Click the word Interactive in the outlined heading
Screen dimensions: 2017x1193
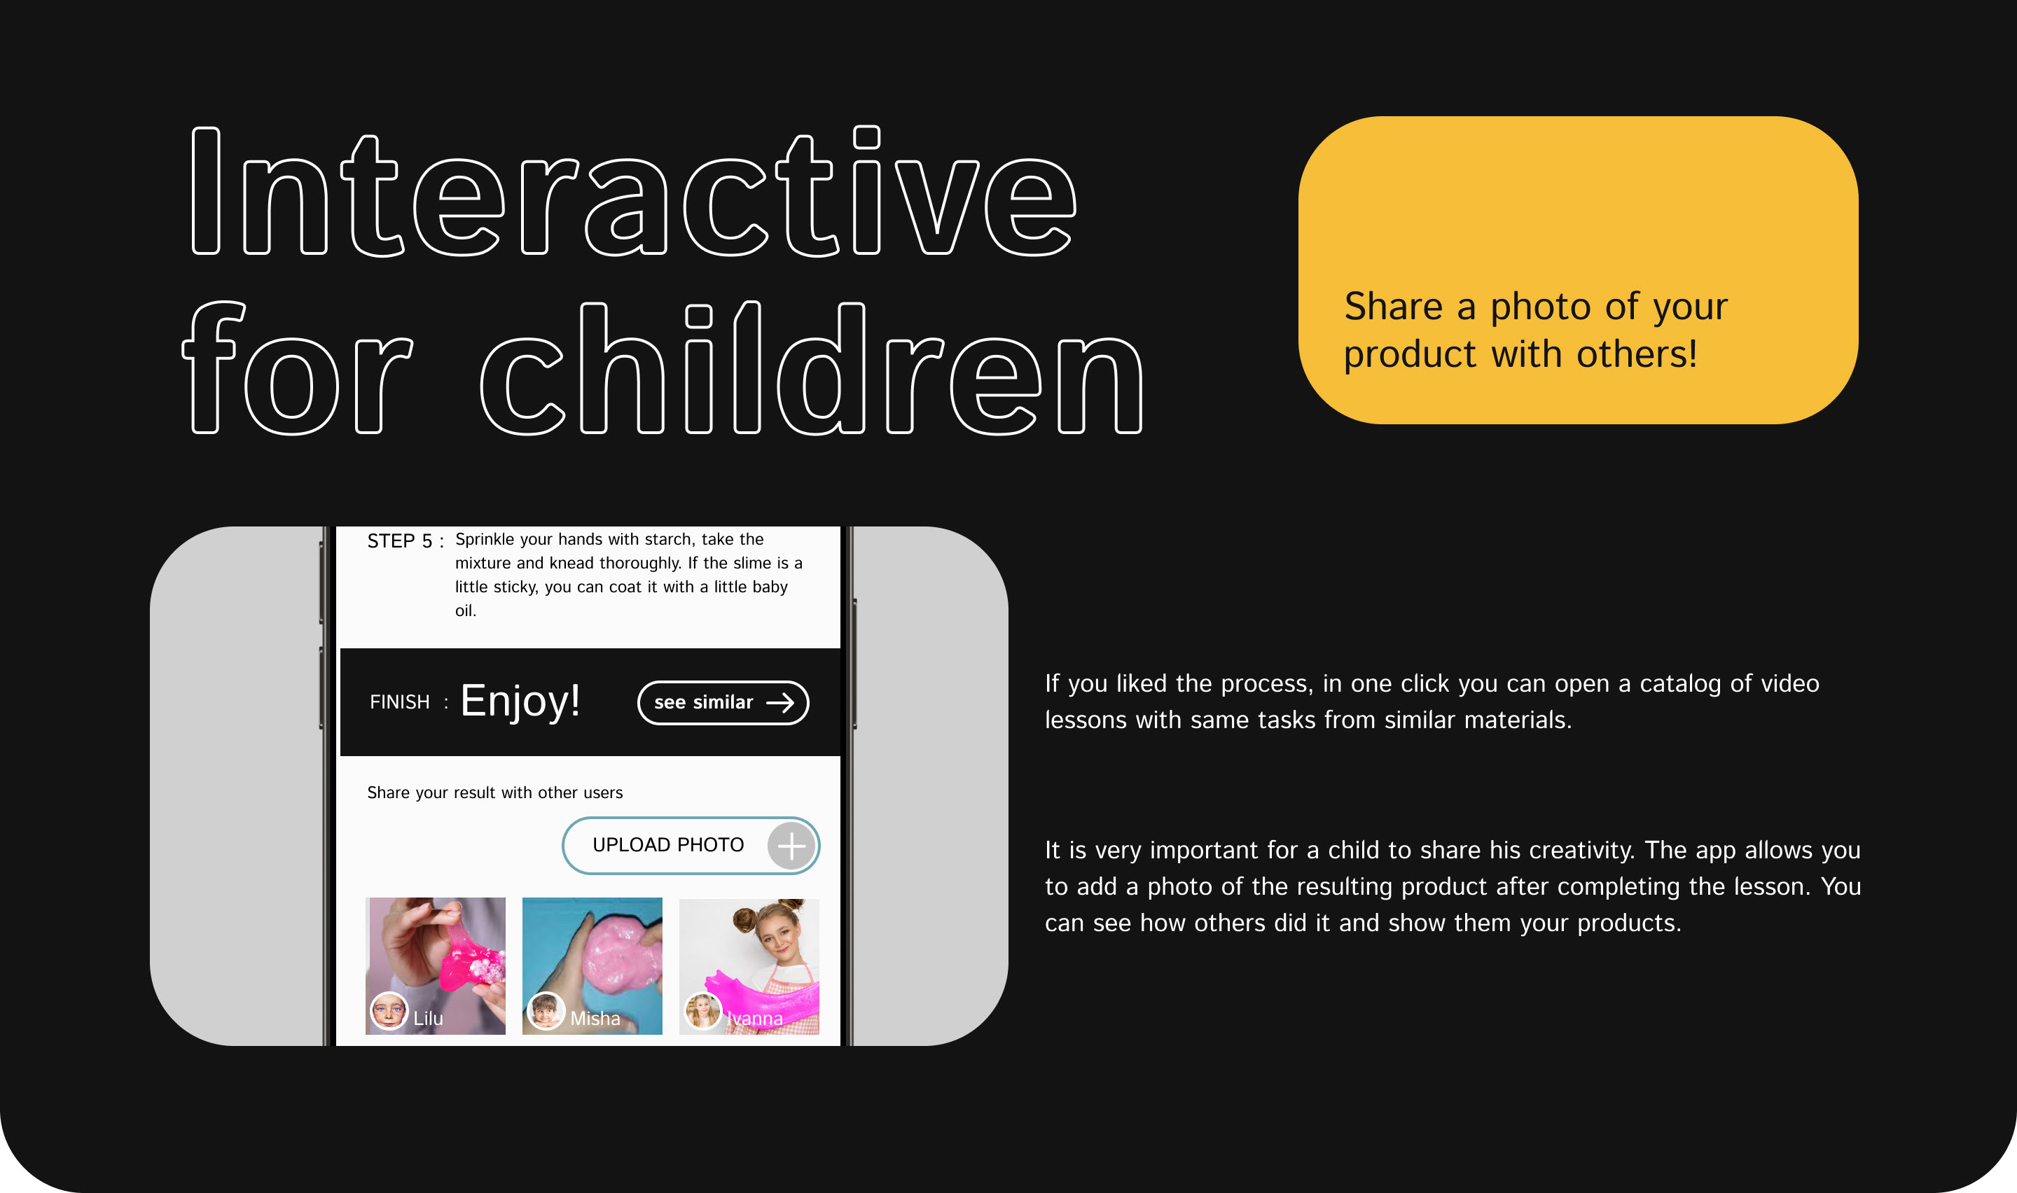(x=634, y=191)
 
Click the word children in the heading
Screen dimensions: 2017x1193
(x=812, y=368)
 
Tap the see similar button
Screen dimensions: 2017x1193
(x=723, y=703)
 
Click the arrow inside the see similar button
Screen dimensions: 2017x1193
(x=779, y=704)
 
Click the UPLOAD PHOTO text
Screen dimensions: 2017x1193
(x=668, y=845)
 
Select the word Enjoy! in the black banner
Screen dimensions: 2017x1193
(x=520, y=702)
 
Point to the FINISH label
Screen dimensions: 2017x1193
(x=399, y=703)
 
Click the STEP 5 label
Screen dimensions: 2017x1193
(x=399, y=541)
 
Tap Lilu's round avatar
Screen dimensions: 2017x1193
(x=389, y=1011)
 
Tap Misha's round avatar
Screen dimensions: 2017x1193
(x=546, y=1011)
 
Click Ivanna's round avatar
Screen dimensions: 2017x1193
(x=702, y=1011)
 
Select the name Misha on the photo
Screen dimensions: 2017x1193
(x=595, y=1019)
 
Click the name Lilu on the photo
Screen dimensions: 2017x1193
(x=429, y=1019)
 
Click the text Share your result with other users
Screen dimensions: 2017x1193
(x=494, y=793)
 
